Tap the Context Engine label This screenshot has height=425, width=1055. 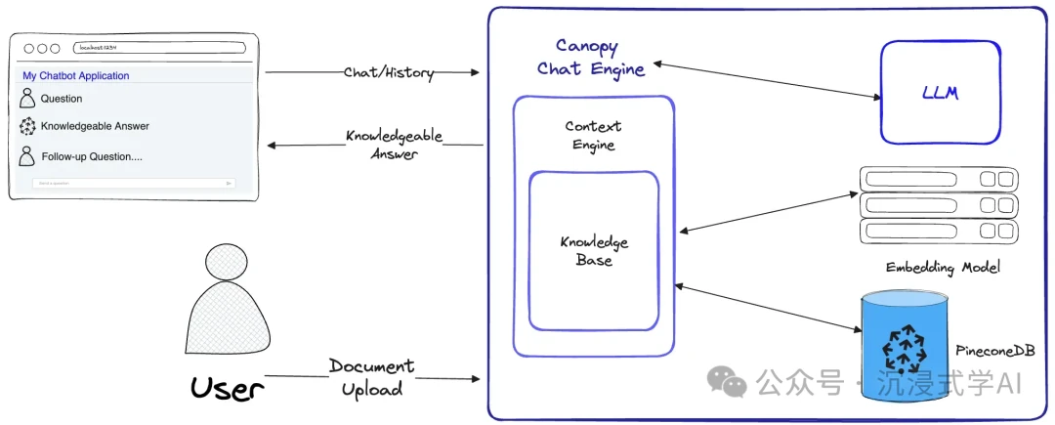pyautogui.click(x=593, y=136)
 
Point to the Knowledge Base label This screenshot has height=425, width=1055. pyautogui.click(x=594, y=251)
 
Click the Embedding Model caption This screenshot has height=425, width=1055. pyautogui.click(x=943, y=268)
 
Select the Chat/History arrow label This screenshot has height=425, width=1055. pyautogui.click(x=388, y=72)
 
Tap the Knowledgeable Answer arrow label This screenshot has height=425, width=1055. pyautogui.click(x=394, y=145)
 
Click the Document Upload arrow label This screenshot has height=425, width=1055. pyautogui.click(x=371, y=377)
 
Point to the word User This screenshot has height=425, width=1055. pyautogui.click(x=228, y=389)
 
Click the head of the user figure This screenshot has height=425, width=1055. pyautogui.click(x=227, y=266)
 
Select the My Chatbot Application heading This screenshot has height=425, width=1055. pyautogui.click(x=76, y=76)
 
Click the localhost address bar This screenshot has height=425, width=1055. pyautogui.click(x=158, y=48)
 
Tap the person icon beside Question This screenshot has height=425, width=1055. pyautogui.click(x=27, y=98)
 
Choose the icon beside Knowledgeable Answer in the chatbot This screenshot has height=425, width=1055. pyautogui.click(x=27, y=126)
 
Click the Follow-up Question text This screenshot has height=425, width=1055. pyautogui.click(x=92, y=156)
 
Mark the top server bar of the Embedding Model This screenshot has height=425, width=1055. pyautogui.click(x=938, y=180)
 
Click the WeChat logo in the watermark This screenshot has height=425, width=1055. pyautogui.click(x=727, y=382)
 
